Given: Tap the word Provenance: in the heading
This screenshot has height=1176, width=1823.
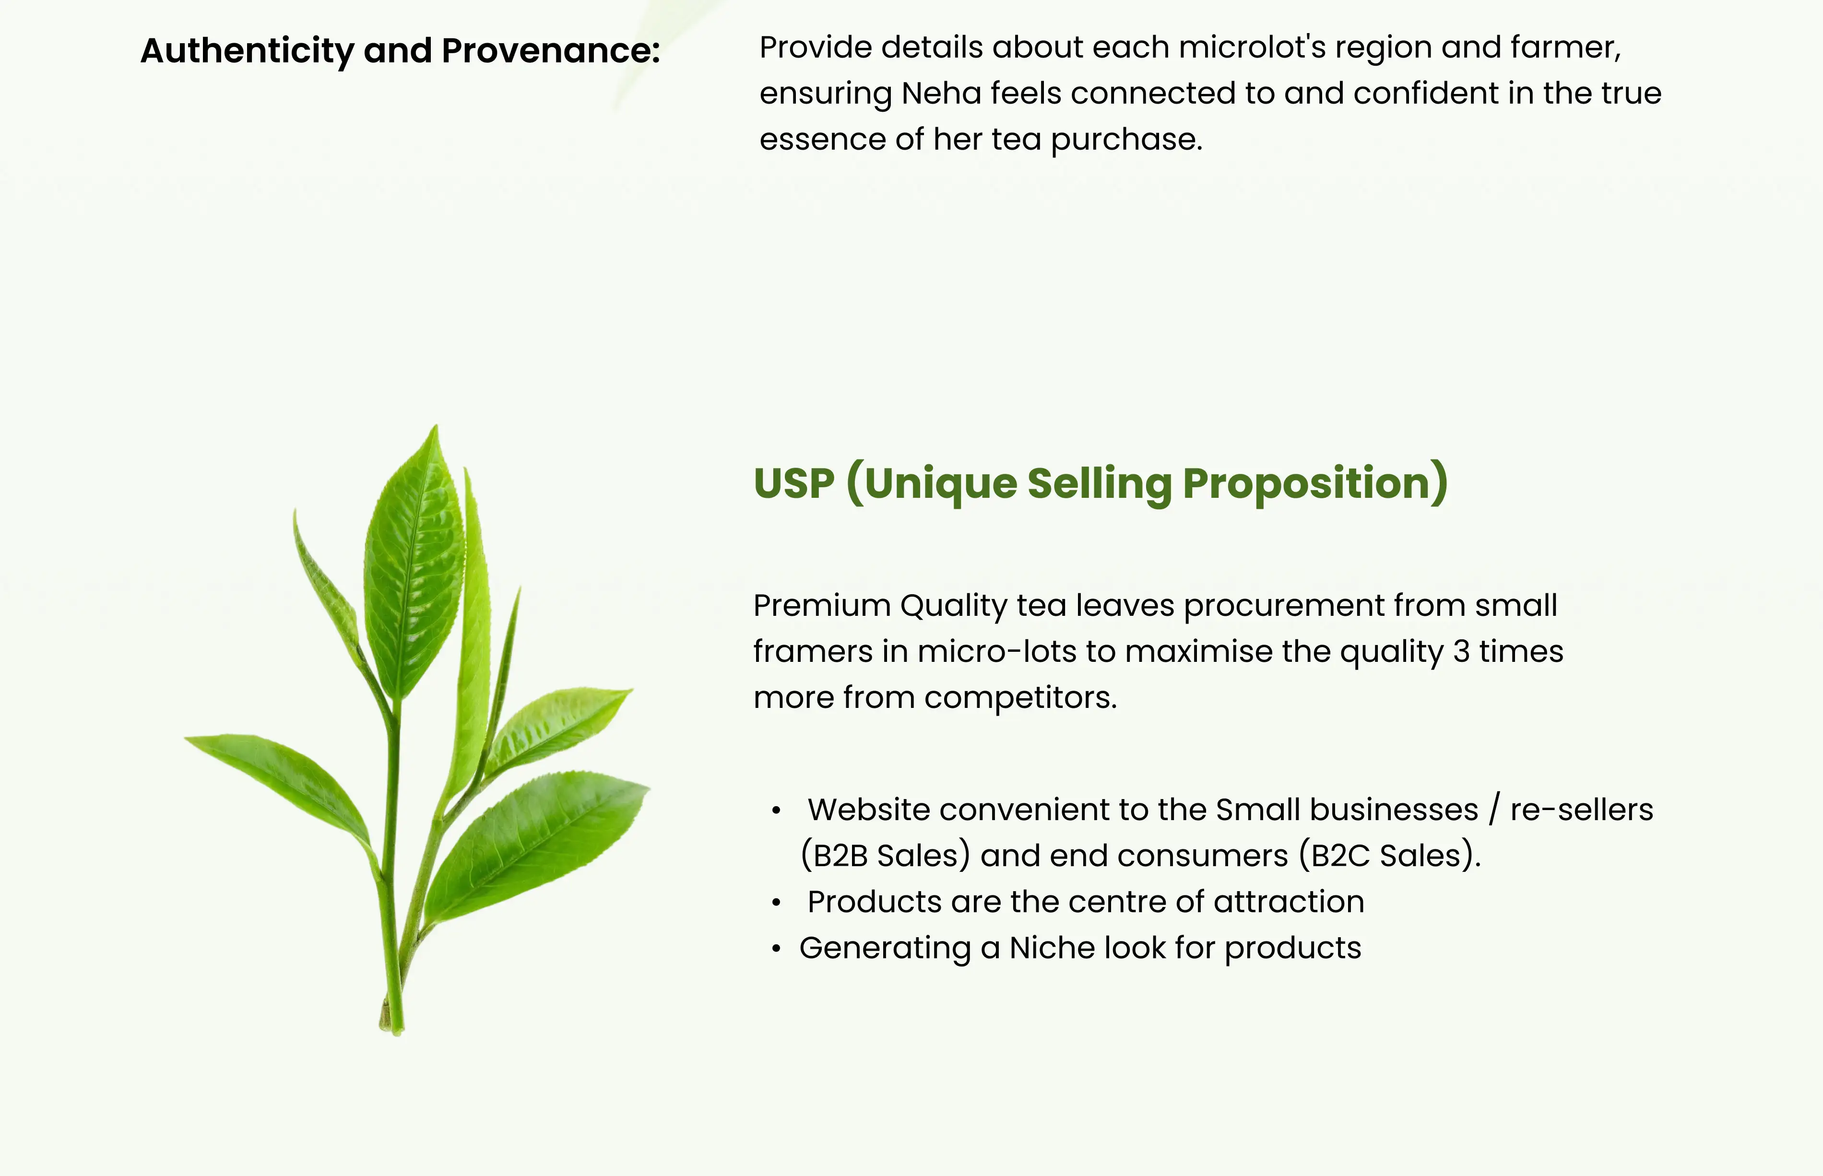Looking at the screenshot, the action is click(x=551, y=51).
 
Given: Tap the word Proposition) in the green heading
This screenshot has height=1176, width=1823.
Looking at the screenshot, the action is click(x=1315, y=484).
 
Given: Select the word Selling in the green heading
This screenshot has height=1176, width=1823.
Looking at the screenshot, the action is click(x=1099, y=484).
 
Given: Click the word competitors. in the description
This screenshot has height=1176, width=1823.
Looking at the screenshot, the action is click(x=1020, y=698).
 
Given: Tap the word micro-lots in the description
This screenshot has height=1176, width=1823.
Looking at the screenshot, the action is click(x=997, y=651).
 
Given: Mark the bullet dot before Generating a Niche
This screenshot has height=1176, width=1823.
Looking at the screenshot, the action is click(x=776, y=949).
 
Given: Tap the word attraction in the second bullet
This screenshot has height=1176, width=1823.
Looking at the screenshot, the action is click(x=1289, y=902).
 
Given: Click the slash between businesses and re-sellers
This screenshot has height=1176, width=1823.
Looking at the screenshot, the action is click(x=1494, y=810).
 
